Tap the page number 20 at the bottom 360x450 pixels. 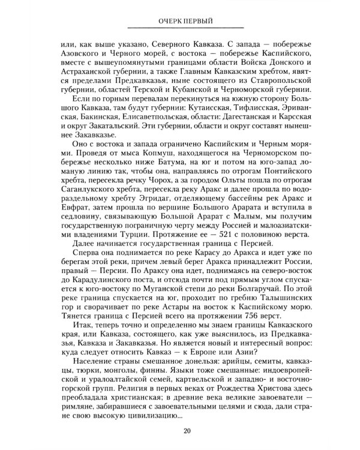pos(187,431)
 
